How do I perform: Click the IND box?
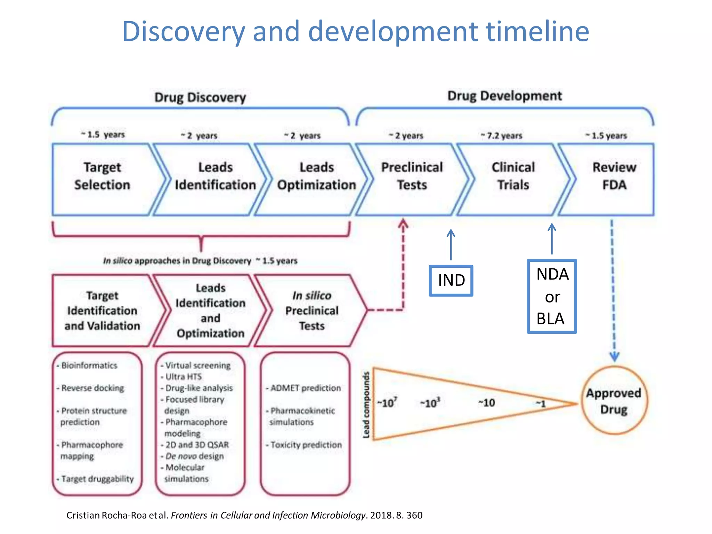[x=451, y=281]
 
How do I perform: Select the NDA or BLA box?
[x=552, y=297]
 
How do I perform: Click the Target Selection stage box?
[x=102, y=176]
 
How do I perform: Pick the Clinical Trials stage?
[x=513, y=176]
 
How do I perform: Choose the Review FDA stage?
[x=614, y=176]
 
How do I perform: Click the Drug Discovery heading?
[x=200, y=97]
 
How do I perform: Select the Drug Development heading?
[x=504, y=96]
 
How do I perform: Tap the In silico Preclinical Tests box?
[x=311, y=310]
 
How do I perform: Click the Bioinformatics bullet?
[x=89, y=365]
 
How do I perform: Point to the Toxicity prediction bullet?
[x=306, y=445]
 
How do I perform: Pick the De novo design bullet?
[x=194, y=456]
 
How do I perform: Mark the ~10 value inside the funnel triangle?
[x=487, y=403]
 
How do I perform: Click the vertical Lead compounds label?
[x=366, y=405]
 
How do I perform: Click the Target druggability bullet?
[x=97, y=479]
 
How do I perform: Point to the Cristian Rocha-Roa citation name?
[x=107, y=515]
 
